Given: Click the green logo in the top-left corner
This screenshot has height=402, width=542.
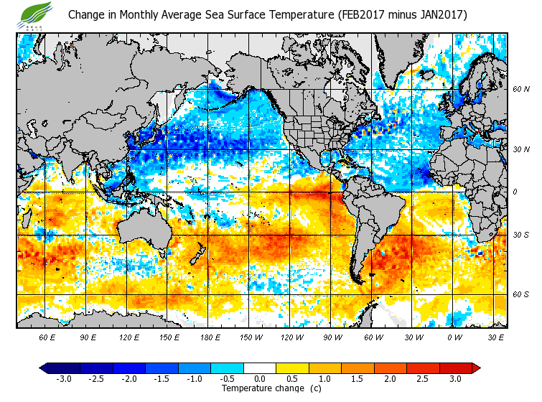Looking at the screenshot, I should coord(37,14).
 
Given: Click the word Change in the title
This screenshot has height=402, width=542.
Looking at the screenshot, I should coord(87,14).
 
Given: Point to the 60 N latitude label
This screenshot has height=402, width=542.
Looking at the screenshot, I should coord(520,90).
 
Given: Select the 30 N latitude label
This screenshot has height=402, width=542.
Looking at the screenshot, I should coord(520,150).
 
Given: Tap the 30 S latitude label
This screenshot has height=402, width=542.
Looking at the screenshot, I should coord(520,235).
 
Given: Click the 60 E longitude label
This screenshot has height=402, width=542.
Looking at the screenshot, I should coord(47,337).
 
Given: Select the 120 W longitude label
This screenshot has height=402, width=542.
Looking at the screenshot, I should coord(291,337).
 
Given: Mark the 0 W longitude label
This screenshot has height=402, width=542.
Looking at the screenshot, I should coord(454,337).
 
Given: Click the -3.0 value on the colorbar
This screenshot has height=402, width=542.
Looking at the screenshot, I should coord(63,379).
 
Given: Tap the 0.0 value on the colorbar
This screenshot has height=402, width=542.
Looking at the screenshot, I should coord(260,379).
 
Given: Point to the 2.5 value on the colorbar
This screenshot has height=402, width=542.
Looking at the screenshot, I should coord(423,379).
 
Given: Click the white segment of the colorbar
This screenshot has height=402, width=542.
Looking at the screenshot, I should coord(260,368).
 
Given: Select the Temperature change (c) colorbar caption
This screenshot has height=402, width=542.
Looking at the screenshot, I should coord(271,388).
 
